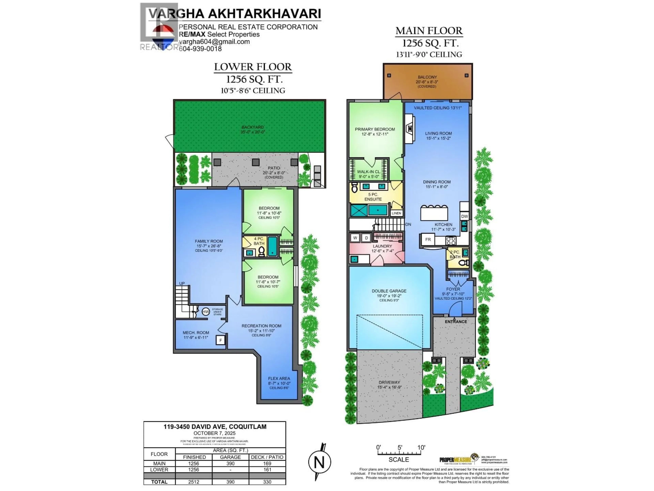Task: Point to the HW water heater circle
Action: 206,312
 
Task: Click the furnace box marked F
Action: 220,340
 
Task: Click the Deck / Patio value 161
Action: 267,470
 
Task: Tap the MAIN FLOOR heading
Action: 429,31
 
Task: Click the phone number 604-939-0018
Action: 200,49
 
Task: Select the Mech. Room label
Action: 196,333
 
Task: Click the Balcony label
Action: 427,77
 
